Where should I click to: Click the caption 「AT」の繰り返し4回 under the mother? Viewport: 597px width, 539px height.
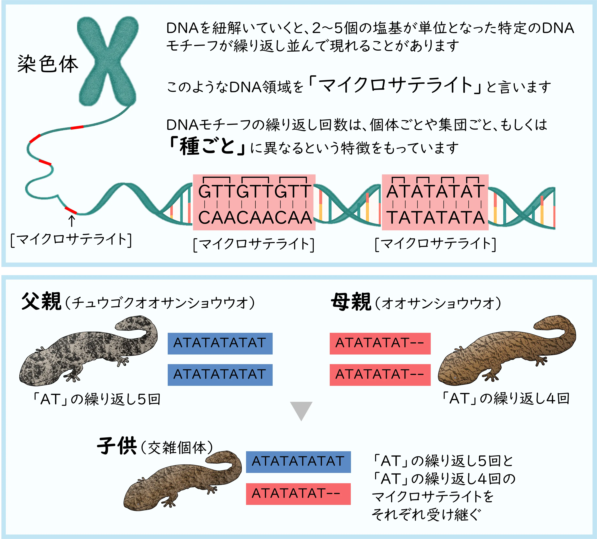coord(505,398)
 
